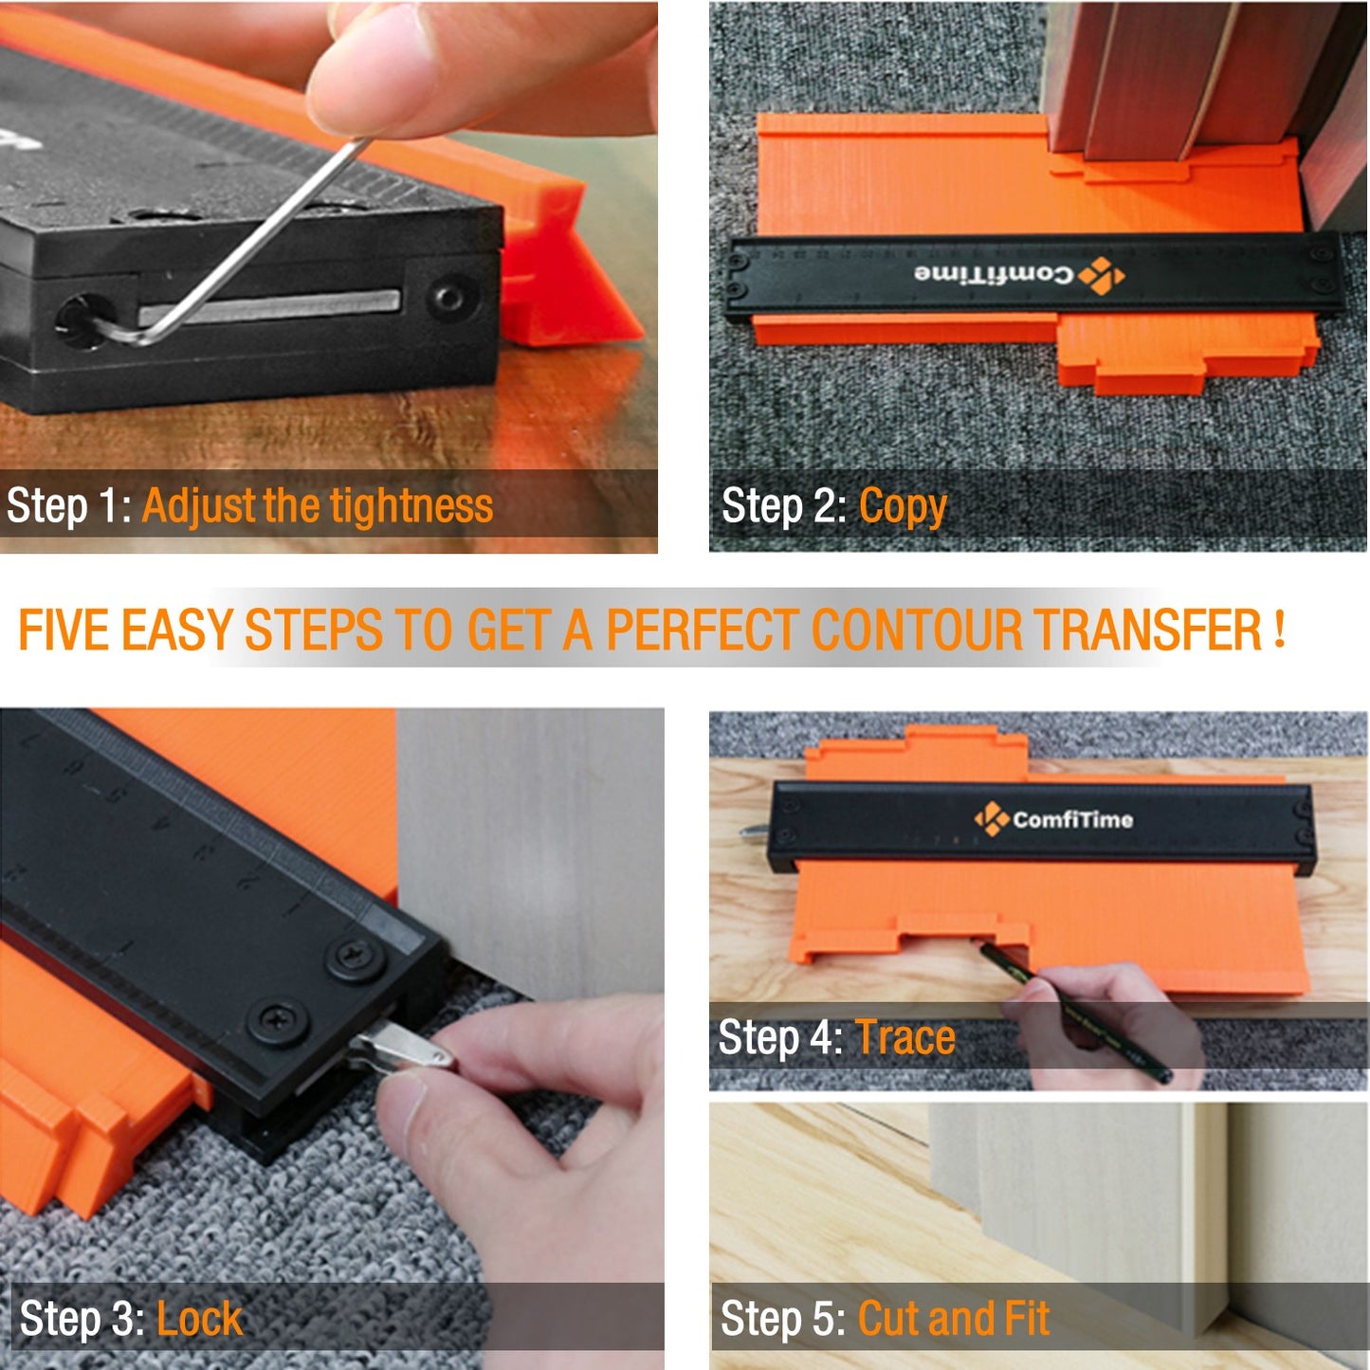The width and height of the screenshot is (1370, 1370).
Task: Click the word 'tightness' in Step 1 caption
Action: (x=411, y=505)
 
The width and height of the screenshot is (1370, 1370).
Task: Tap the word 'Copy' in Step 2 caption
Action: (x=903, y=507)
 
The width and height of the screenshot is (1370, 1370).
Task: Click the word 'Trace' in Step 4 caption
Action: (x=905, y=1037)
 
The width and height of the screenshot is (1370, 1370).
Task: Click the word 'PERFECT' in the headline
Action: (x=703, y=630)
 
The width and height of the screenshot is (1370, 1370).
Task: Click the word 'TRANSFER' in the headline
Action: (x=1148, y=630)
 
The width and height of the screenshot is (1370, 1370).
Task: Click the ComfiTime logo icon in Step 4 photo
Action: (x=992, y=818)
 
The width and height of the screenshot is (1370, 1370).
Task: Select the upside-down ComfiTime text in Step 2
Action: (x=994, y=275)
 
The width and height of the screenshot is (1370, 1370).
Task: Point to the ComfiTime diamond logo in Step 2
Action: (x=1102, y=276)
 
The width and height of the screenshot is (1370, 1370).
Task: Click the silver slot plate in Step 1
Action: (x=270, y=307)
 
